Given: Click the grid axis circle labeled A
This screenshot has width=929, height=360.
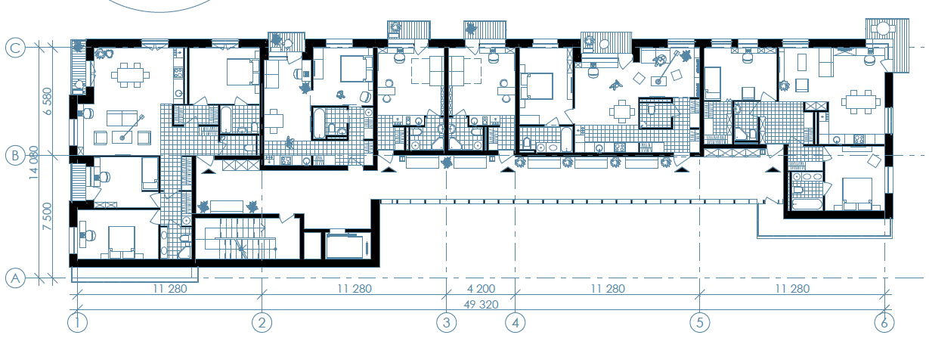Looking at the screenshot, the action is coord(15,278).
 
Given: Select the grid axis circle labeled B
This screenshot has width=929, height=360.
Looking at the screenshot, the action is coord(15,156).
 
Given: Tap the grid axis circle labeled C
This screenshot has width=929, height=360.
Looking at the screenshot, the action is coord(15,48).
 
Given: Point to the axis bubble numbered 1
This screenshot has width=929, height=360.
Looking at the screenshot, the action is coord(78,322).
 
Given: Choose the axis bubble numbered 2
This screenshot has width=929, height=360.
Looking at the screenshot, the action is coord(262,322).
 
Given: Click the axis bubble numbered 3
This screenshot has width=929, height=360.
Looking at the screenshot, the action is coord(447,322).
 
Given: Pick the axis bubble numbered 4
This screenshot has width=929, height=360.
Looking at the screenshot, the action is coord(516,322).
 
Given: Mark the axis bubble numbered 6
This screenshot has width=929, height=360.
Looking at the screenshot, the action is coord(884,322).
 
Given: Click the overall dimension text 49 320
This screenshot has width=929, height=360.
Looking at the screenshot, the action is coord(481,305).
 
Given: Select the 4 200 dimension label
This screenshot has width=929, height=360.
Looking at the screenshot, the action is coord(481,289).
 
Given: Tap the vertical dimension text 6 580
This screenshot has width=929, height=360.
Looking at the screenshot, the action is coord(48,101).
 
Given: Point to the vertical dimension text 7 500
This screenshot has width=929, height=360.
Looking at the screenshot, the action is coord(48,216).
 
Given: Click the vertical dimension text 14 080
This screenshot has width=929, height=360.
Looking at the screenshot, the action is coord(33,163).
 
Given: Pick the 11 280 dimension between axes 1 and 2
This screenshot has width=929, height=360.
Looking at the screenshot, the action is coord(170,289).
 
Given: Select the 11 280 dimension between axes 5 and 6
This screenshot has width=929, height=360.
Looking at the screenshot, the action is coord(792,289).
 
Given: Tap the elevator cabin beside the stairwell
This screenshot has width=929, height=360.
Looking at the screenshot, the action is coord(348,246).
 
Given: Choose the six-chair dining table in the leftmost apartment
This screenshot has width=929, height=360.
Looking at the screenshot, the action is coord(131,75).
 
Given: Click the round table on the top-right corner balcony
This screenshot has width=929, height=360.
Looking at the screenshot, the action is coord(883,29).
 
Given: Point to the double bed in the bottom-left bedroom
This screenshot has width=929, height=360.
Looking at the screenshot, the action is coord(122,242).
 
